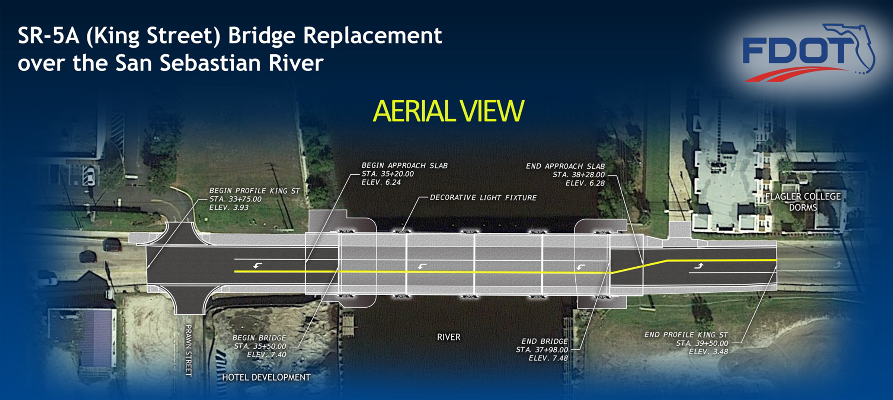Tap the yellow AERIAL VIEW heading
coord(448,111)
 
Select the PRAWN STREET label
coord(189,350)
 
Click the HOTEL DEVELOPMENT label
coord(266,377)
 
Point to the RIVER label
coord(448,337)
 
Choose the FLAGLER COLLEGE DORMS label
coord(803,202)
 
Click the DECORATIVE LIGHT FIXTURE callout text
coord(483,198)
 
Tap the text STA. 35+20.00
coord(387,174)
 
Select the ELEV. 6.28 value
coord(585,183)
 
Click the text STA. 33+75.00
coord(235,199)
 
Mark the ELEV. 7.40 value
coord(266,355)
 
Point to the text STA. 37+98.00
coord(542,350)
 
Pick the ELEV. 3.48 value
coord(708,352)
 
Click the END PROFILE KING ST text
coord(686,335)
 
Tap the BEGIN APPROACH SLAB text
coord(404,165)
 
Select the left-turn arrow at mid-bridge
coord(422,266)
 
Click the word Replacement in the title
coord(372,36)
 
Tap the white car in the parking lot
coord(89,176)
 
